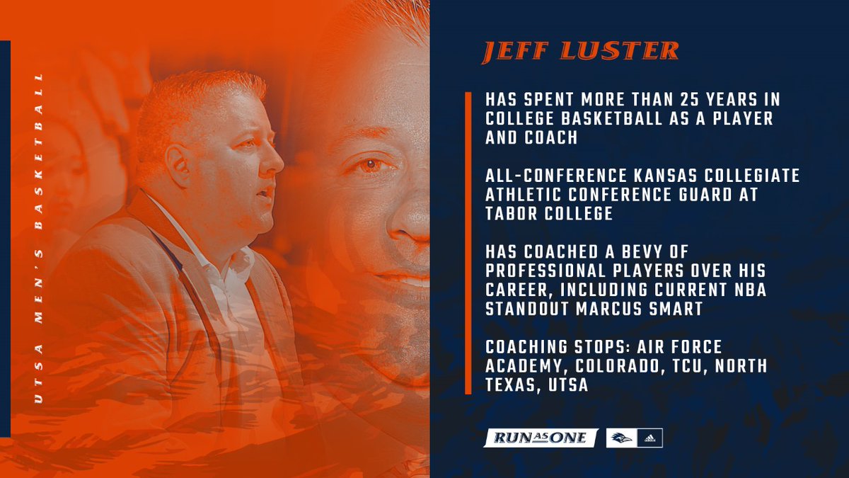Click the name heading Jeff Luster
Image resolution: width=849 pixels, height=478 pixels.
pos(580,52)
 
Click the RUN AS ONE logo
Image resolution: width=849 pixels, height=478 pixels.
pos(540,438)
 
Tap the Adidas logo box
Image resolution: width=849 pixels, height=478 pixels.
pos(649,438)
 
